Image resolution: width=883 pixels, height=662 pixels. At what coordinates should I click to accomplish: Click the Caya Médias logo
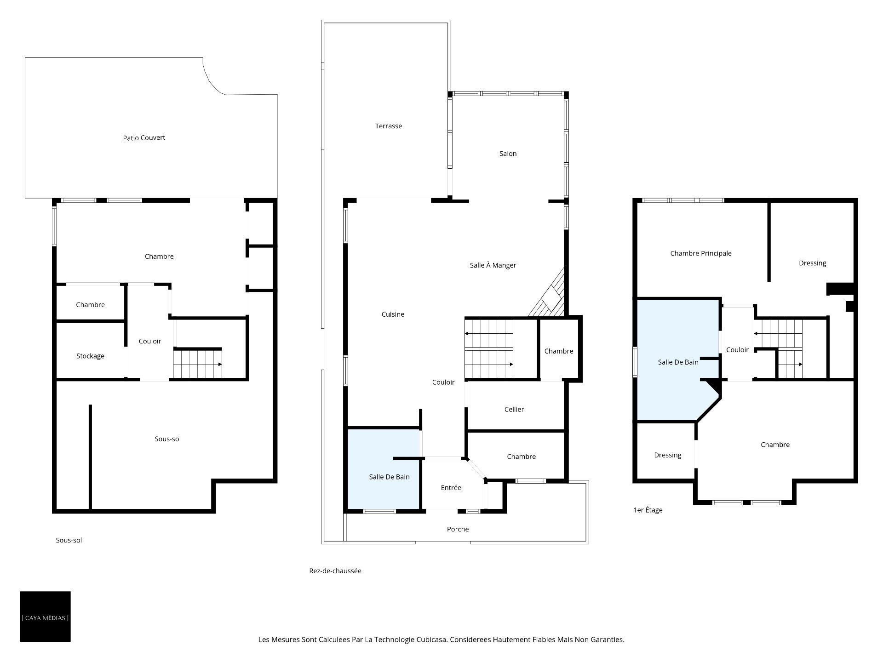pyautogui.click(x=45, y=616)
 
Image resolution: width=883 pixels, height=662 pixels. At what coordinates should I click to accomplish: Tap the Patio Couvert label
pyautogui.click(x=144, y=138)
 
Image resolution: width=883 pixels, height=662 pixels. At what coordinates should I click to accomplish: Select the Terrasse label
pyautogui.click(x=389, y=126)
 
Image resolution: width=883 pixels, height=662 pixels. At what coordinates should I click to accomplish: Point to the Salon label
pyautogui.click(x=508, y=154)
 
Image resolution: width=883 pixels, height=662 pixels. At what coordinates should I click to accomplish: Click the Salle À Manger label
pyautogui.click(x=493, y=265)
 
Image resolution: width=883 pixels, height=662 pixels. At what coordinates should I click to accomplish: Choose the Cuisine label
pyautogui.click(x=393, y=314)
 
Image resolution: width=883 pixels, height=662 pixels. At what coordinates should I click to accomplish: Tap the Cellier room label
pyautogui.click(x=514, y=410)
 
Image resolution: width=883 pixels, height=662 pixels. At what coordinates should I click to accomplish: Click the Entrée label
pyautogui.click(x=451, y=488)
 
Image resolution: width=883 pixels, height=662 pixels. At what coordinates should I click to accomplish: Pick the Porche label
pyautogui.click(x=458, y=529)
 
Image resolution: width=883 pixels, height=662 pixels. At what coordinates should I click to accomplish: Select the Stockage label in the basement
pyautogui.click(x=91, y=356)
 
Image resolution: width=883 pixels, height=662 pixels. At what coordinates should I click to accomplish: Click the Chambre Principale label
pyautogui.click(x=701, y=253)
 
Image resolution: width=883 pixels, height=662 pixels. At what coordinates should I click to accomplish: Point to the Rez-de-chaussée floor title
pyautogui.click(x=335, y=571)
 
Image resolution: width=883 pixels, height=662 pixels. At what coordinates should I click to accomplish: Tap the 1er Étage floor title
pyautogui.click(x=648, y=510)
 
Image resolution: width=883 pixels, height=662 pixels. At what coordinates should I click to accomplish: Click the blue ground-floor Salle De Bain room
pyautogui.click(x=384, y=469)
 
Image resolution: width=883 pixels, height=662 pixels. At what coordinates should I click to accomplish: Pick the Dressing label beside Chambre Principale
pyautogui.click(x=813, y=263)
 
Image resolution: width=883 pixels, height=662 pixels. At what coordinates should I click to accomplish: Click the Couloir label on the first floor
pyautogui.click(x=737, y=350)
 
